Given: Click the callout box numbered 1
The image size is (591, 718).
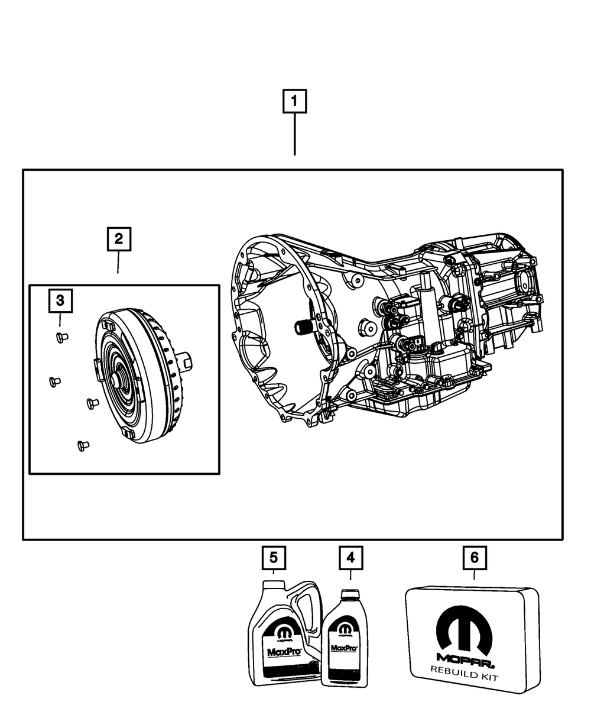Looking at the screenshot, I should point(295,101).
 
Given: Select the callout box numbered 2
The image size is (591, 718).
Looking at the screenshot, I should point(119,239).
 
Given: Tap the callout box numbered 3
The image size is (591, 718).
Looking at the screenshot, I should point(60,301).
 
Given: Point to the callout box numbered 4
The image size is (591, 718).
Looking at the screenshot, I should point(350,557).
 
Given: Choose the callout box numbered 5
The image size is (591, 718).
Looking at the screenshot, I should point(274,557).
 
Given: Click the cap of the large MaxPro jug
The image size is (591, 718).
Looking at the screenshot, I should point(273,584).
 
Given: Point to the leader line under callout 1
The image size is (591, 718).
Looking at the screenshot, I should point(295,135).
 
